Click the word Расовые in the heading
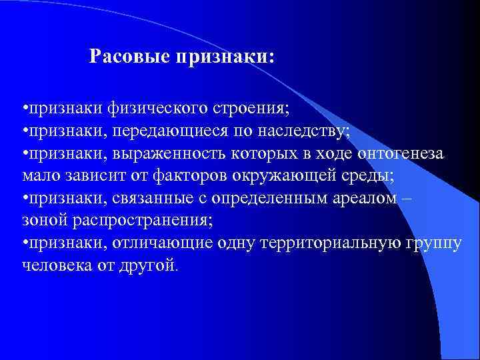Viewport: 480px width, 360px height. pos(129,57)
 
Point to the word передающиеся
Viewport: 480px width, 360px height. pos(161,131)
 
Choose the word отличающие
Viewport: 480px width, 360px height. pos(147,243)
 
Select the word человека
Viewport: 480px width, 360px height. pos(53,265)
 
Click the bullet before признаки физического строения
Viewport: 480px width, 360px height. pos(24,108)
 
